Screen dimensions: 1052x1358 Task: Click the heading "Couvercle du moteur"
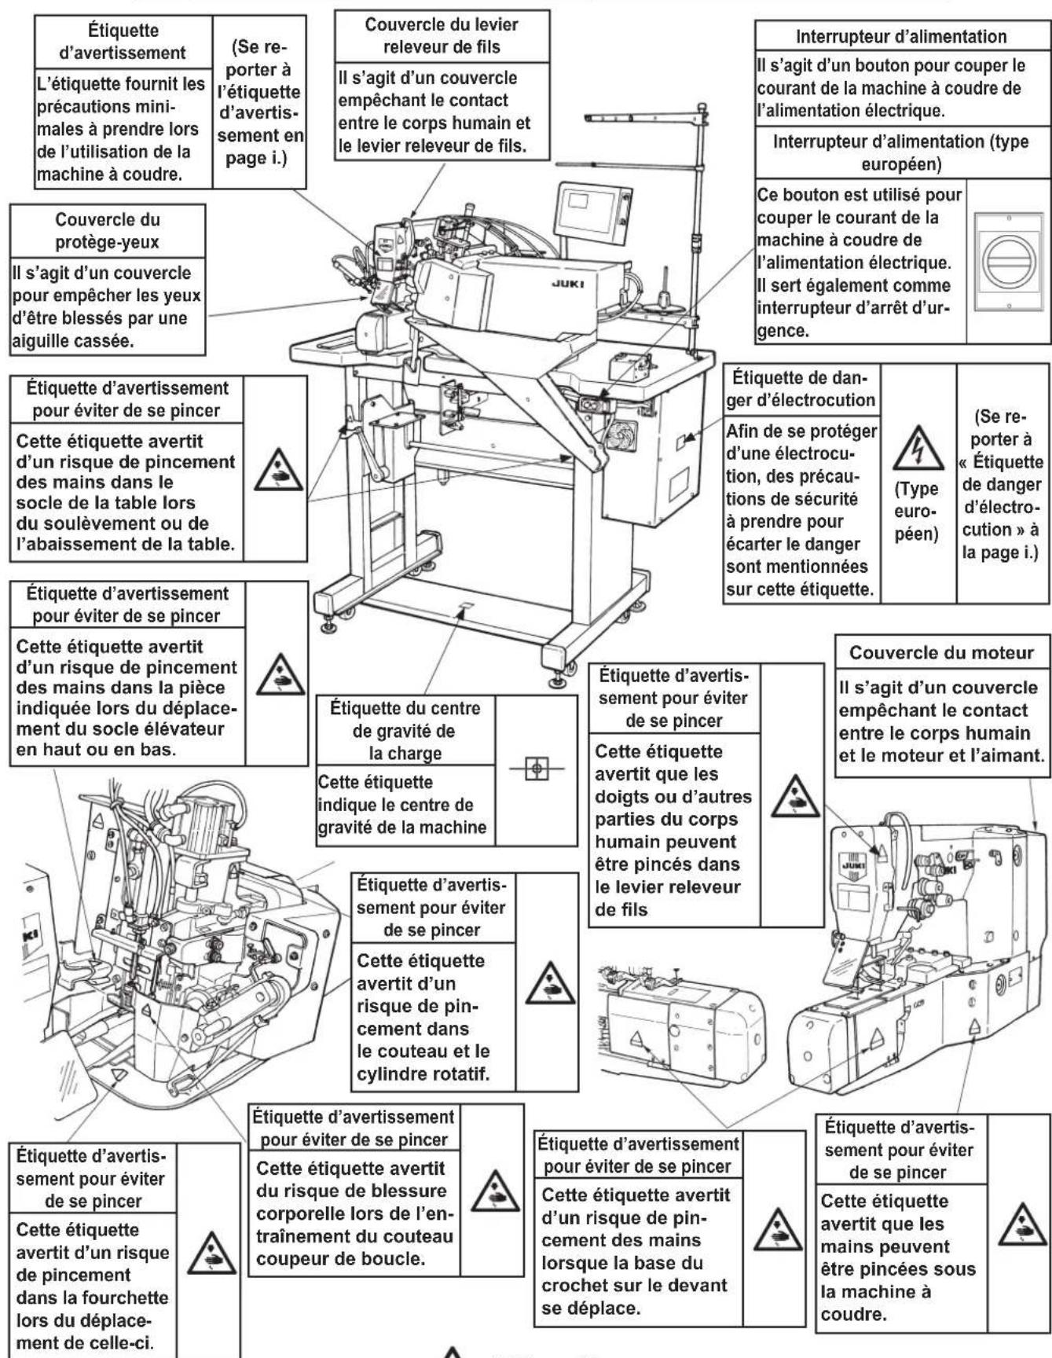941,653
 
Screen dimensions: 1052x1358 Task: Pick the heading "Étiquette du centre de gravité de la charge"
405,731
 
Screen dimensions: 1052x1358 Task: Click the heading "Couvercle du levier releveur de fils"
442,35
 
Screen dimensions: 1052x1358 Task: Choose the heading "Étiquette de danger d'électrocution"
801,388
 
